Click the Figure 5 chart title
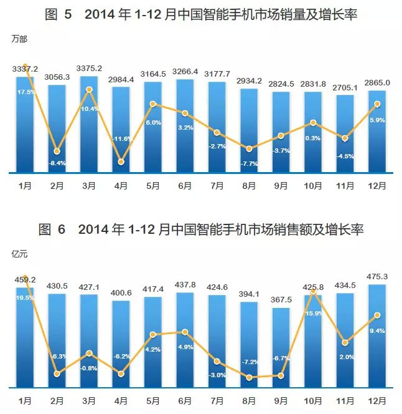(201, 14)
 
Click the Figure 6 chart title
(201, 229)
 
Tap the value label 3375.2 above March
(90, 69)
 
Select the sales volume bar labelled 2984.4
(121, 131)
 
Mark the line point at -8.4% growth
(57, 151)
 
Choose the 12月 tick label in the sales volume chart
(377, 185)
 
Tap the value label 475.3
(378, 276)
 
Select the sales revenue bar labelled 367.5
(281, 349)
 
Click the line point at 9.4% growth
(377, 316)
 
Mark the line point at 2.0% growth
(345, 342)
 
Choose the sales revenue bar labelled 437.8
(185, 340)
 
